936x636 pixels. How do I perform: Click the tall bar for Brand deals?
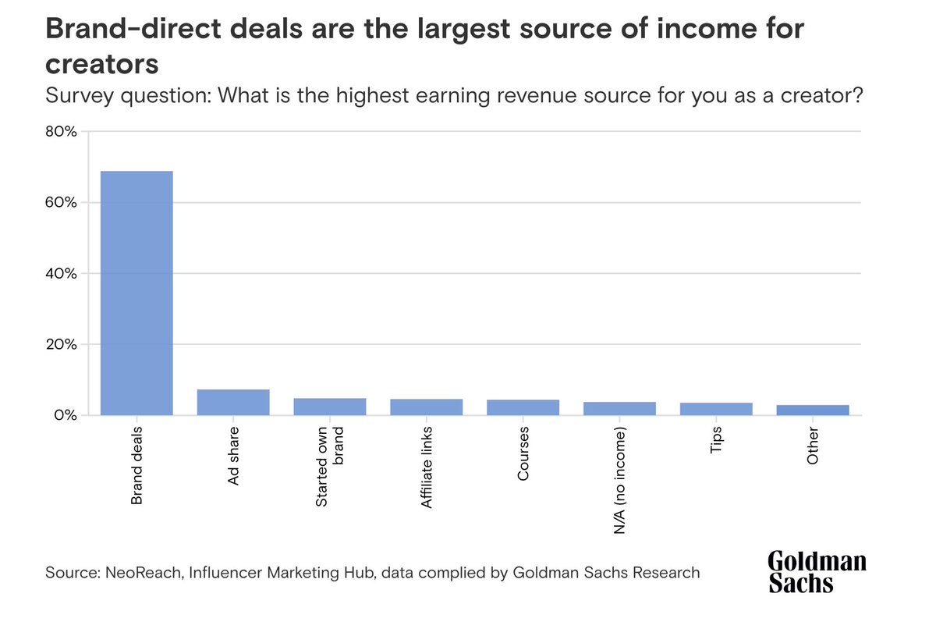coord(136,293)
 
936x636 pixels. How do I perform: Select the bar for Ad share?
coord(233,402)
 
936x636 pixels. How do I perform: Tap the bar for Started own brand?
coord(330,407)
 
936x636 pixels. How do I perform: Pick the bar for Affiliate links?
coord(427,407)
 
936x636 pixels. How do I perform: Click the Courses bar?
coord(523,407)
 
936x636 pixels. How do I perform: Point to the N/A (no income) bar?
coord(619,408)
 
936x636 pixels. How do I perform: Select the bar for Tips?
coord(716,409)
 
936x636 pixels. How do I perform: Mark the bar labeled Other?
coord(813,410)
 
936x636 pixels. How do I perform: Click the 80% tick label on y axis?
coord(61,131)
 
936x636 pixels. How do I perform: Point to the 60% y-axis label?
coord(61,202)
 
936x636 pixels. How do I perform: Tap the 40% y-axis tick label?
coord(61,273)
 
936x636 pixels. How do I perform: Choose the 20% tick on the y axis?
coord(61,344)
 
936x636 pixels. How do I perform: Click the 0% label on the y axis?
coord(65,415)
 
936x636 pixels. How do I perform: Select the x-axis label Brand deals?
coord(136,465)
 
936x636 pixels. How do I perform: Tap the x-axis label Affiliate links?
coord(427,468)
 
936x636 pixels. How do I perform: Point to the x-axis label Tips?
coord(716,440)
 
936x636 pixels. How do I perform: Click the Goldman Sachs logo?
coord(817,572)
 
